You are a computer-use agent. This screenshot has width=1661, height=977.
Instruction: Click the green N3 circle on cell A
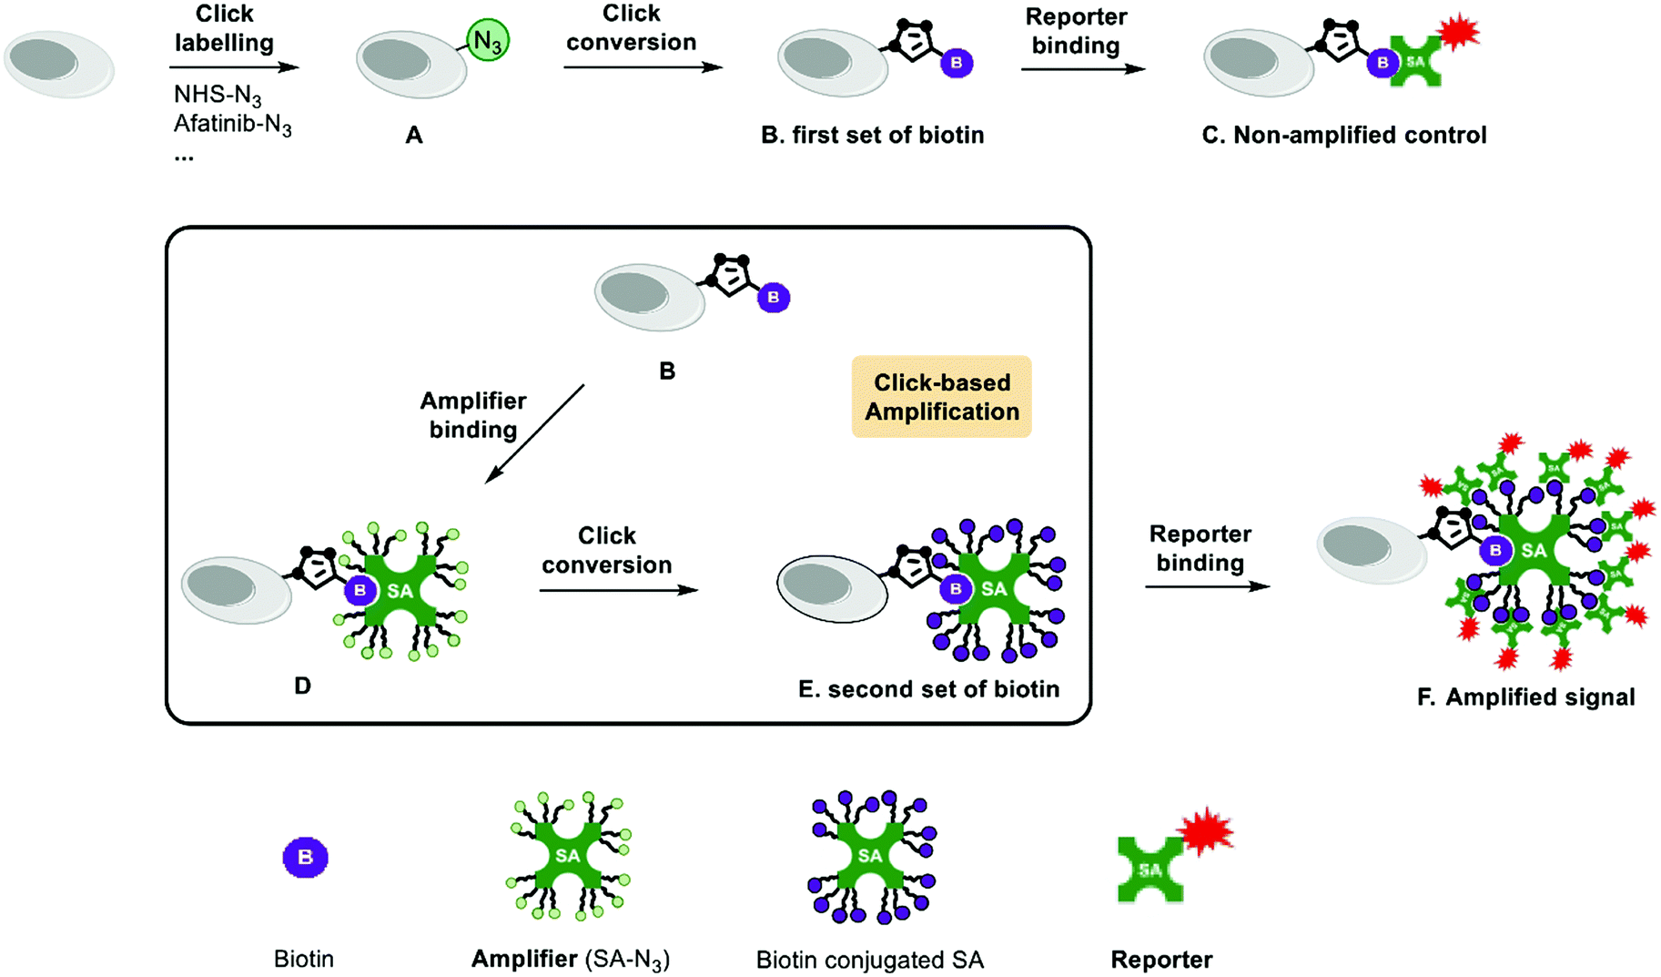488,41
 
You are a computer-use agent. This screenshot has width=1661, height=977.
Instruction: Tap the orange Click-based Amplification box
941,397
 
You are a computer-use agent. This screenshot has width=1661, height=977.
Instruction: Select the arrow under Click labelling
234,66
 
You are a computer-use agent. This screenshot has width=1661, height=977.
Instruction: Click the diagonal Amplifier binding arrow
534,433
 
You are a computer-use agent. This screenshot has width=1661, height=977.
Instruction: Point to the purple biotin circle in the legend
305,857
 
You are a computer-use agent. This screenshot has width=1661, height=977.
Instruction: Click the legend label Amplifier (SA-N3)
571,959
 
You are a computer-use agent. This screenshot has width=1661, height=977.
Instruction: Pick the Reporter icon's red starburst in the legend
1206,830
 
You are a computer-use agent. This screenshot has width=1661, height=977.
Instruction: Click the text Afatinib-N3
233,124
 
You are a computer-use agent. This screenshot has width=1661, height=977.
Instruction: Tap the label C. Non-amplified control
1343,135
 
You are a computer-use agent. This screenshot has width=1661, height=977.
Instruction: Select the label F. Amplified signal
1525,697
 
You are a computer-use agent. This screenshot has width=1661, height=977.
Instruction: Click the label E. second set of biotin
928,689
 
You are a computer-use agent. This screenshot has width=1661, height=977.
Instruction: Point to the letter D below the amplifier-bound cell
302,686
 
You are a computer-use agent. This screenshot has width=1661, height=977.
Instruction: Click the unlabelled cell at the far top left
58,64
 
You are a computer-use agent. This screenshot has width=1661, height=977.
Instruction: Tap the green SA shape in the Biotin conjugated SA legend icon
869,856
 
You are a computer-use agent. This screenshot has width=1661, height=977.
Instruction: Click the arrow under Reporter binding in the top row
1082,68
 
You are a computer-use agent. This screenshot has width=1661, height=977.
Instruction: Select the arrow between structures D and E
618,590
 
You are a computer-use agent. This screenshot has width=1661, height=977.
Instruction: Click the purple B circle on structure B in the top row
956,63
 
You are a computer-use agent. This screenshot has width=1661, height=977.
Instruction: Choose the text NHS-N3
218,95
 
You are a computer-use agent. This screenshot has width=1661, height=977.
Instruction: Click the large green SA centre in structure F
1534,550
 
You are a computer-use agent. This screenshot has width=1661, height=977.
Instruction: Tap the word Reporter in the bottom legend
1160,960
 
